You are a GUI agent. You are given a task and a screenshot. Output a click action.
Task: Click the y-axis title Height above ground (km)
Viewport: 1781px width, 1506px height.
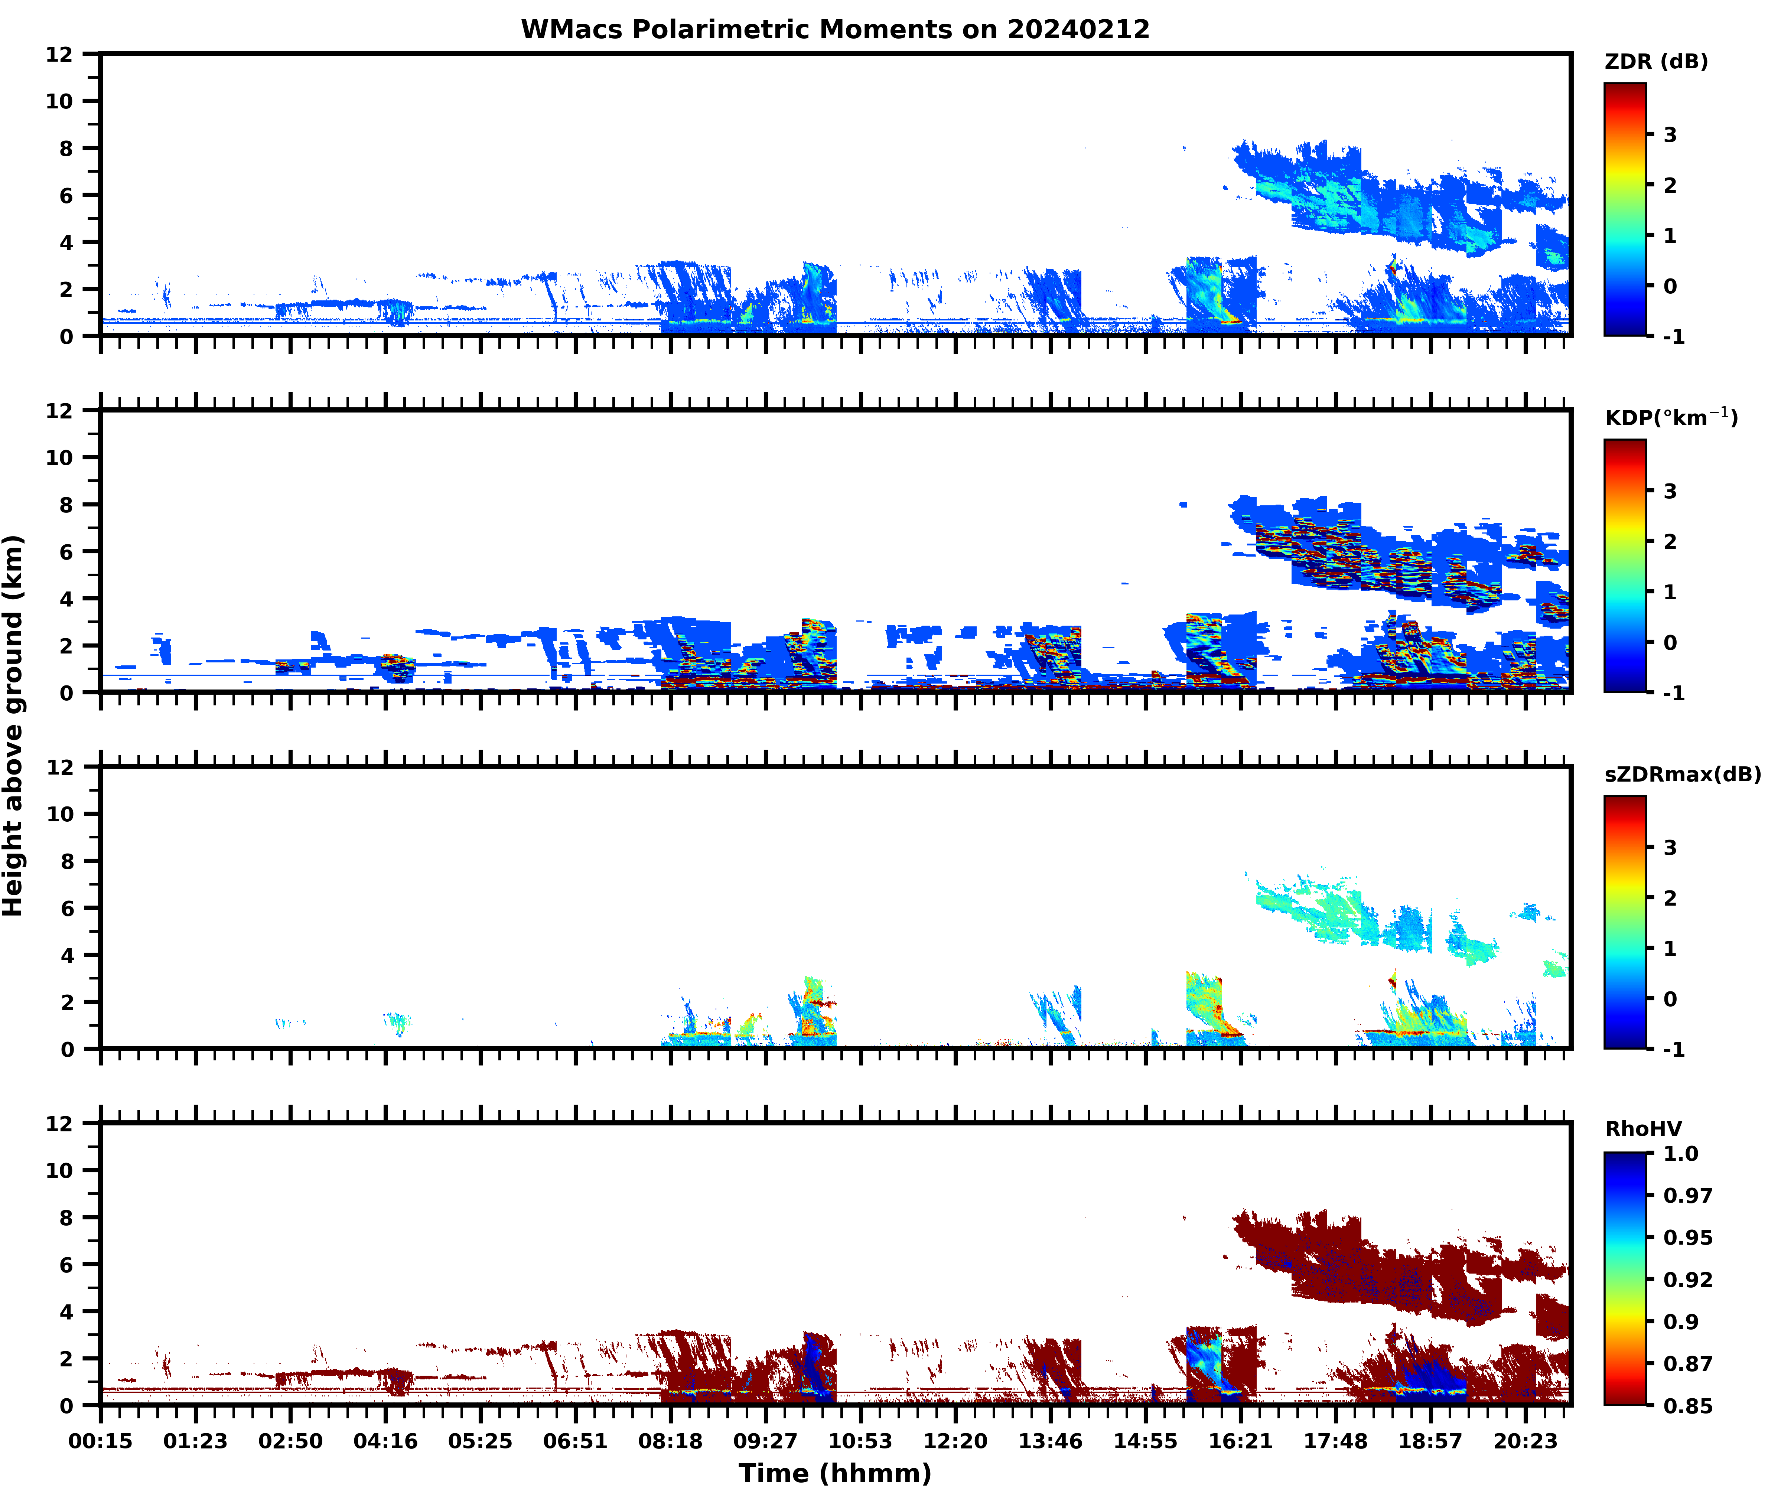(x=14, y=726)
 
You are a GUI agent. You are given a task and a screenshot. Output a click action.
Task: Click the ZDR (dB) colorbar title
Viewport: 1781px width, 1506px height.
(x=1655, y=62)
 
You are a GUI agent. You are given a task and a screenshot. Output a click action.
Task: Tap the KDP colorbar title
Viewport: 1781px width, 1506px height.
(x=1670, y=417)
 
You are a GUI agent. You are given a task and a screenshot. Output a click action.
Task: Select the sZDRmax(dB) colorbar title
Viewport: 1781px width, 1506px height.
(x=1682, y=774)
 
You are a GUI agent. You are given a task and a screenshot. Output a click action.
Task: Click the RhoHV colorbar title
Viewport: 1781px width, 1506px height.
(x=1643, y=1129)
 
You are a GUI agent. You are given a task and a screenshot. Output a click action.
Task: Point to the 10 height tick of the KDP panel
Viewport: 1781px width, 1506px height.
(x=60, y=457)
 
